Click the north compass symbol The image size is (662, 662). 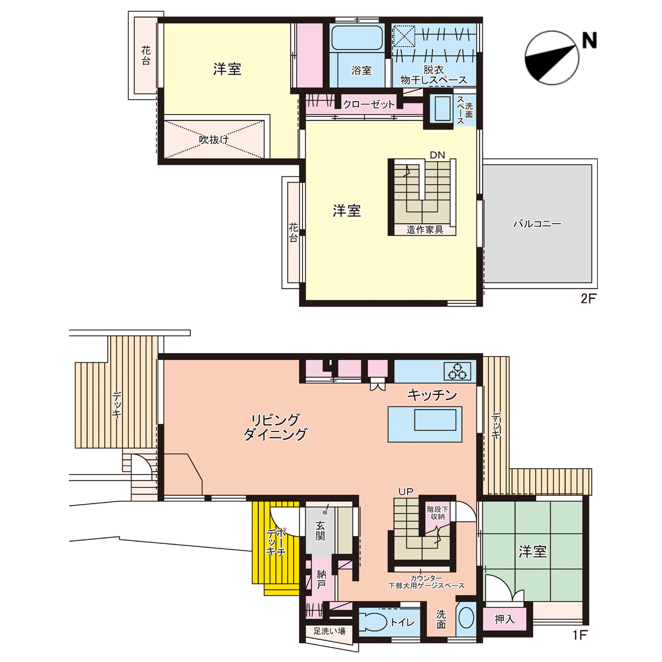pos(552,58)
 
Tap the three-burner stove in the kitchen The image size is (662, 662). pos(457,371)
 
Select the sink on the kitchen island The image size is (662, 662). pos(435,420)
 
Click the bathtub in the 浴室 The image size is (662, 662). pos(357,38)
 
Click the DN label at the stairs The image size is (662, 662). pos(437,155)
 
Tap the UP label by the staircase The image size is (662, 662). pos(406,492)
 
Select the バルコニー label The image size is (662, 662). pos(537,223)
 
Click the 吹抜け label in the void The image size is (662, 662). pos(214,139)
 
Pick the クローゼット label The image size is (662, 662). pos(369,104)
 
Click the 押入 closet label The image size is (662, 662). pos(505,619)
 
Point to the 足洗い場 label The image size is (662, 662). pos(329,631)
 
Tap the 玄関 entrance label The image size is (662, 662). pos(320,531)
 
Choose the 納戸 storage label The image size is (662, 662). pos(321,579)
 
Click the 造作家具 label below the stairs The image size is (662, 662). pos(425,230)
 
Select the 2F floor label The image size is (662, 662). pos(588,299)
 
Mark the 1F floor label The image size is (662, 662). pos(580,635)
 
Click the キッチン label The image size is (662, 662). pos(432,395)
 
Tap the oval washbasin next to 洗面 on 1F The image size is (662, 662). pos(466,618)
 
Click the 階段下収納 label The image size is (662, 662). pos(437,513)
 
